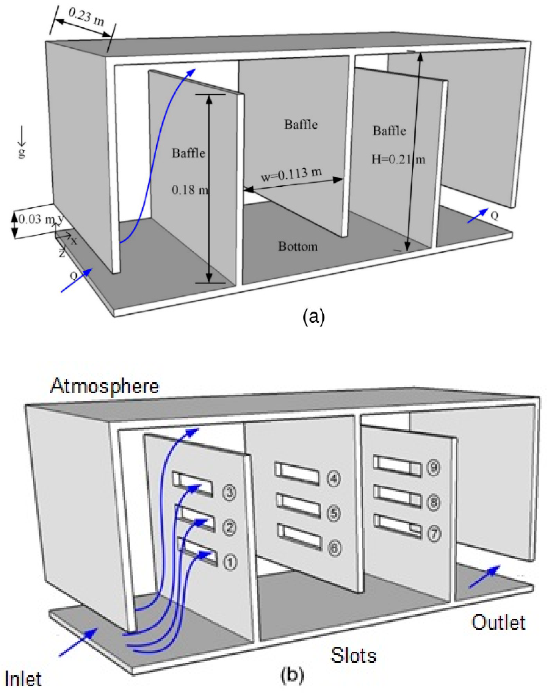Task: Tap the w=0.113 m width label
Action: click(291, 175)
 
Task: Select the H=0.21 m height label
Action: click(398, 159)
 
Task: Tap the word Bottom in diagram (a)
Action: click(298, 246)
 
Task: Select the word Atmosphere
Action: click(105, 386)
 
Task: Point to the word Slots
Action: click(354, 655)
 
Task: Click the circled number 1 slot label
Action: click(230, 562)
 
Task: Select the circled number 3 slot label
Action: click(229, 492)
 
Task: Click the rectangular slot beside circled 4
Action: click(297, 474)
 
